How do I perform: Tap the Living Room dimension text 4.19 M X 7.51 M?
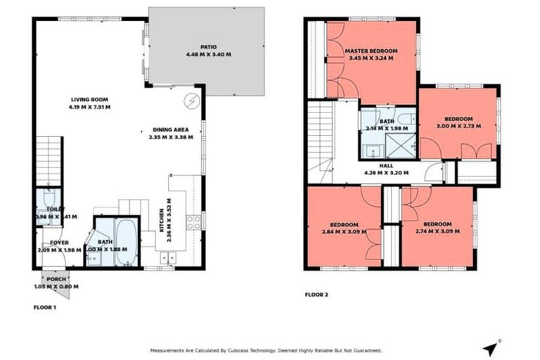pos(89,108)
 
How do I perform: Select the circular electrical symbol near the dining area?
pos(191,101)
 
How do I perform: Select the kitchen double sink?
pos(167,259)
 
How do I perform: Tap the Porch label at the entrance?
pos(56,279)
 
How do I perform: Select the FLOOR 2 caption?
pos(319,295)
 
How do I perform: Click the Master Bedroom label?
pos(371,51)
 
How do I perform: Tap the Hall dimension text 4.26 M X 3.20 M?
pos(386,172)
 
